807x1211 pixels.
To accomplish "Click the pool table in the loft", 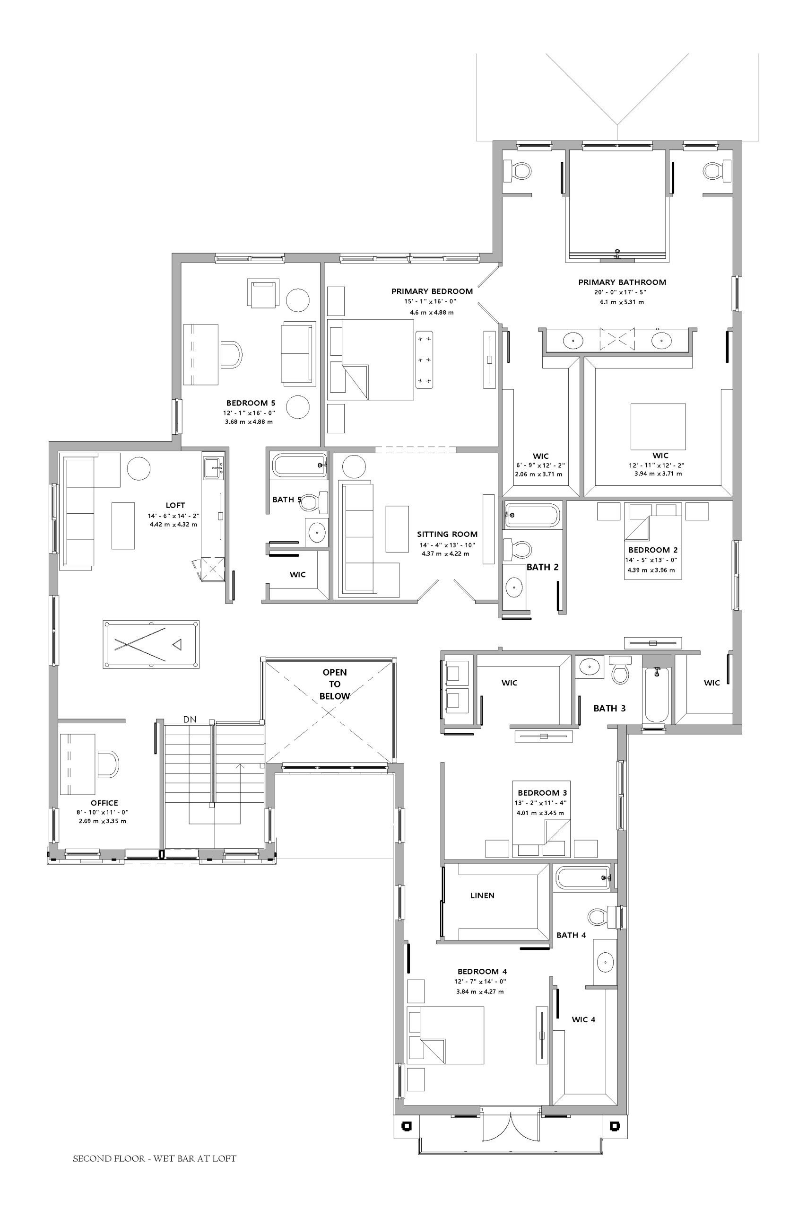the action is pyautogui.click(x=151, y=644).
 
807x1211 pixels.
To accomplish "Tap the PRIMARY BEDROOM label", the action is pyautogui.click(x=432, y=291).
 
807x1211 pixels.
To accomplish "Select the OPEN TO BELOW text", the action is pyautogui.click(x=335, y=684).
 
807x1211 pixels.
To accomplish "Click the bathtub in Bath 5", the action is pyautogui.click(x=300, y=465).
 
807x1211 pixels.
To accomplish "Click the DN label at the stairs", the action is pyautogui.click(x=190, y=720).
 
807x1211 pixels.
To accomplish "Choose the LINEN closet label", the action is pyautogui.click(x=482, y=910).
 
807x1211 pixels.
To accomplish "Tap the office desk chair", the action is pyautogui.click(x=108, y=764).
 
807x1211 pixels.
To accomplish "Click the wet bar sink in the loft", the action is pyautogui.click(x=214, y=468).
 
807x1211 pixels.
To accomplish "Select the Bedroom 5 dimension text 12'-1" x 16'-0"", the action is pyautogui.click(x=250, y=412).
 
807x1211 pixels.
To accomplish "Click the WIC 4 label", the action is pyautogui.click(x=584, y=1019).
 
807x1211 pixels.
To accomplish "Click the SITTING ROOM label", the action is pyautogui.click(x=447, y=534).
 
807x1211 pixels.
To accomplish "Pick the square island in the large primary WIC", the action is pyautogui.click(x=658, y=426).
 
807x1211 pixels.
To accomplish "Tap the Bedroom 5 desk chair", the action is pyautogui.click(x=232, y=354).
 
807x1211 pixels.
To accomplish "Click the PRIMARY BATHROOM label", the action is pyautogui.click(x=622, y=282).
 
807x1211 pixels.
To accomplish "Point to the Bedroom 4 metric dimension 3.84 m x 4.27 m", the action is pyautogui.click(x=480, y=991).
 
